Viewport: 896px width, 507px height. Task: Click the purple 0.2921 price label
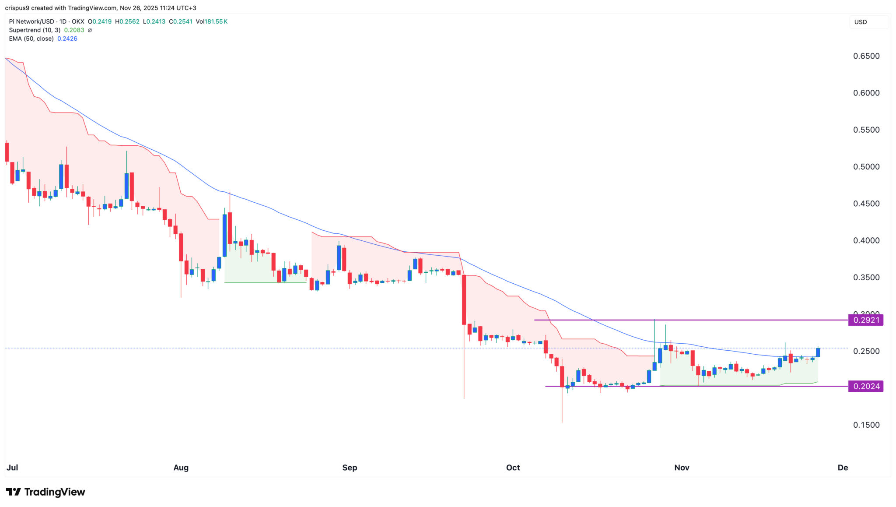click(x=865, y=320)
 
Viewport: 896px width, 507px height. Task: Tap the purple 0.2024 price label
click(x=865, y=386)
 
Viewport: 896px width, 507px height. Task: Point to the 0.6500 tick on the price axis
click(x=866, y=56)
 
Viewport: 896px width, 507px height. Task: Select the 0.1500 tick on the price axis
click(x=866, y=425)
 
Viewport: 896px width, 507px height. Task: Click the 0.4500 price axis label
click(x=866, y=204)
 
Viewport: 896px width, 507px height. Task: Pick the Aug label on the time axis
click(x=181, y=468)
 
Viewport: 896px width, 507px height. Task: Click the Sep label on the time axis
click(x=350, y=468)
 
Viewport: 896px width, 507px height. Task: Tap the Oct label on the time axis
click(x=513, y=468)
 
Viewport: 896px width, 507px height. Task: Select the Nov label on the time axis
click(x=682, y=468)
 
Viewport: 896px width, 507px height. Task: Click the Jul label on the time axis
click(x=12, y=468)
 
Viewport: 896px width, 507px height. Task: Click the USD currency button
click(x=861, y=22)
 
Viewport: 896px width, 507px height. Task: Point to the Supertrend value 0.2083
click(x=74, y=30)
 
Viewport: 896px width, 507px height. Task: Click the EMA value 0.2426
click(x=67, y=39)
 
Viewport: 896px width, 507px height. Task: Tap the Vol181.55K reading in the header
click(x=212, y=21)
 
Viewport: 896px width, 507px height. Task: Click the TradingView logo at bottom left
click(x=45, y=492)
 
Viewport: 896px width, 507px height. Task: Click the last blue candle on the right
click(x=818, y=352)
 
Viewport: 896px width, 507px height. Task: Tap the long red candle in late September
click(x=464, y=299)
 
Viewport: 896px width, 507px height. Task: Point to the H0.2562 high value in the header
click(x=127, y=21)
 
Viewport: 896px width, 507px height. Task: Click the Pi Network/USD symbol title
click(x=31, y=21)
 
